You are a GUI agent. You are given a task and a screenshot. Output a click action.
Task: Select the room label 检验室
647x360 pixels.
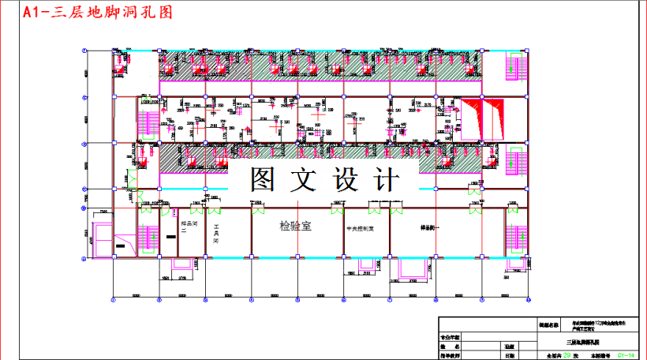coord(296,227)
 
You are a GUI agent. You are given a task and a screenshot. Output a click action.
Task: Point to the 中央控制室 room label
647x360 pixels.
coord(364,229)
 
